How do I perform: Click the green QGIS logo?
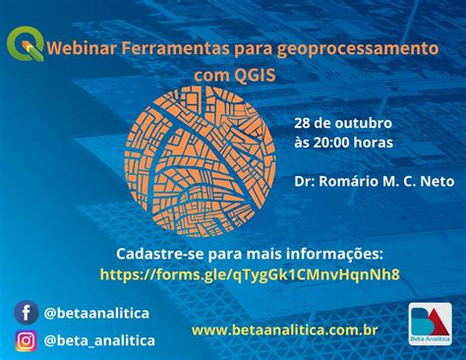[25, 42]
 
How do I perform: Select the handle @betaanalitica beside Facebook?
[97, 313]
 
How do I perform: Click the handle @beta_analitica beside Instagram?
[99, 341]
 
